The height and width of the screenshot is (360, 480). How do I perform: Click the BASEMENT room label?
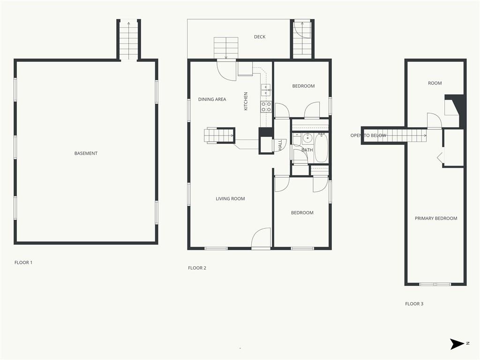[86, 153]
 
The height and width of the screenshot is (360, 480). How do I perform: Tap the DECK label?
[260, 37]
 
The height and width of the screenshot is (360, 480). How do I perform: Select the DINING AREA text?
[212, 99]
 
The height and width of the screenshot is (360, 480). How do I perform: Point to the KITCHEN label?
[246, 101]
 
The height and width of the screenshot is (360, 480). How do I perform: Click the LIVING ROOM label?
[230, 199]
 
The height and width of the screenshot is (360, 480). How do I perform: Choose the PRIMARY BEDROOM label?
[436, 218]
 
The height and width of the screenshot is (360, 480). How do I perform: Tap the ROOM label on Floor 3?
[435, 83]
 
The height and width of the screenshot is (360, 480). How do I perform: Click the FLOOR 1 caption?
[23, 262]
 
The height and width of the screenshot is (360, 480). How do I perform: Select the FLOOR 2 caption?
[197, 268]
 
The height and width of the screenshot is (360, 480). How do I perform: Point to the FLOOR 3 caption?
[414, 304]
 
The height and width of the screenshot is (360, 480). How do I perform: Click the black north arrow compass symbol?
[457, 344]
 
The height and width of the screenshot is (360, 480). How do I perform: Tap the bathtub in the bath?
[322, 148]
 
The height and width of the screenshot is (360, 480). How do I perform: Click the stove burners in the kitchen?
[266, 106]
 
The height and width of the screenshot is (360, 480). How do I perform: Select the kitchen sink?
[266, 90]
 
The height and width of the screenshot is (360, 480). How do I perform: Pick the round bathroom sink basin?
[307, 139]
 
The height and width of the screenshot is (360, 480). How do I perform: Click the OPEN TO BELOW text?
[368, 135]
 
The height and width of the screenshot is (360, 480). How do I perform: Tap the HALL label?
[280, 145]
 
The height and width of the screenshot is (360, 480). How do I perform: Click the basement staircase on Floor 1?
[128, 40]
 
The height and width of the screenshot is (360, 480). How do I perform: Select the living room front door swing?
[261, 238]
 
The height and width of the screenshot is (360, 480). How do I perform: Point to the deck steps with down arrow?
[226, 48]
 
